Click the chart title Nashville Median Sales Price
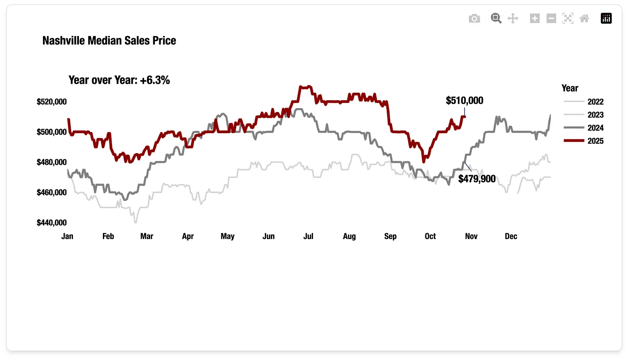[x=109, y=41]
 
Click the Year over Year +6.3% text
[x=119, y=80]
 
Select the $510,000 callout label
[x=464, y=101]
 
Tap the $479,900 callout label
[x=477, y=179]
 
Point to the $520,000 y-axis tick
[x=52, y=102]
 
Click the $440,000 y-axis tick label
[x=52, y=223]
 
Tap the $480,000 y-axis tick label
[x=52, y=162]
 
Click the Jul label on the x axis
[x=308, y=236]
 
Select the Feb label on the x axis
[x=108, y=236]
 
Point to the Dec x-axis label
[x=511, y=236]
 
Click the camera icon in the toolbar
[x=474, y=18]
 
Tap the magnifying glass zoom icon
[x=496, y=18]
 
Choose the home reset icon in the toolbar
[x=584, y=18]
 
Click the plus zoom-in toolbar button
[x=535, y=18]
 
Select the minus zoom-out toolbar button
[x=551, y=18]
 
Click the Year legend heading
[x=570, y=88]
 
